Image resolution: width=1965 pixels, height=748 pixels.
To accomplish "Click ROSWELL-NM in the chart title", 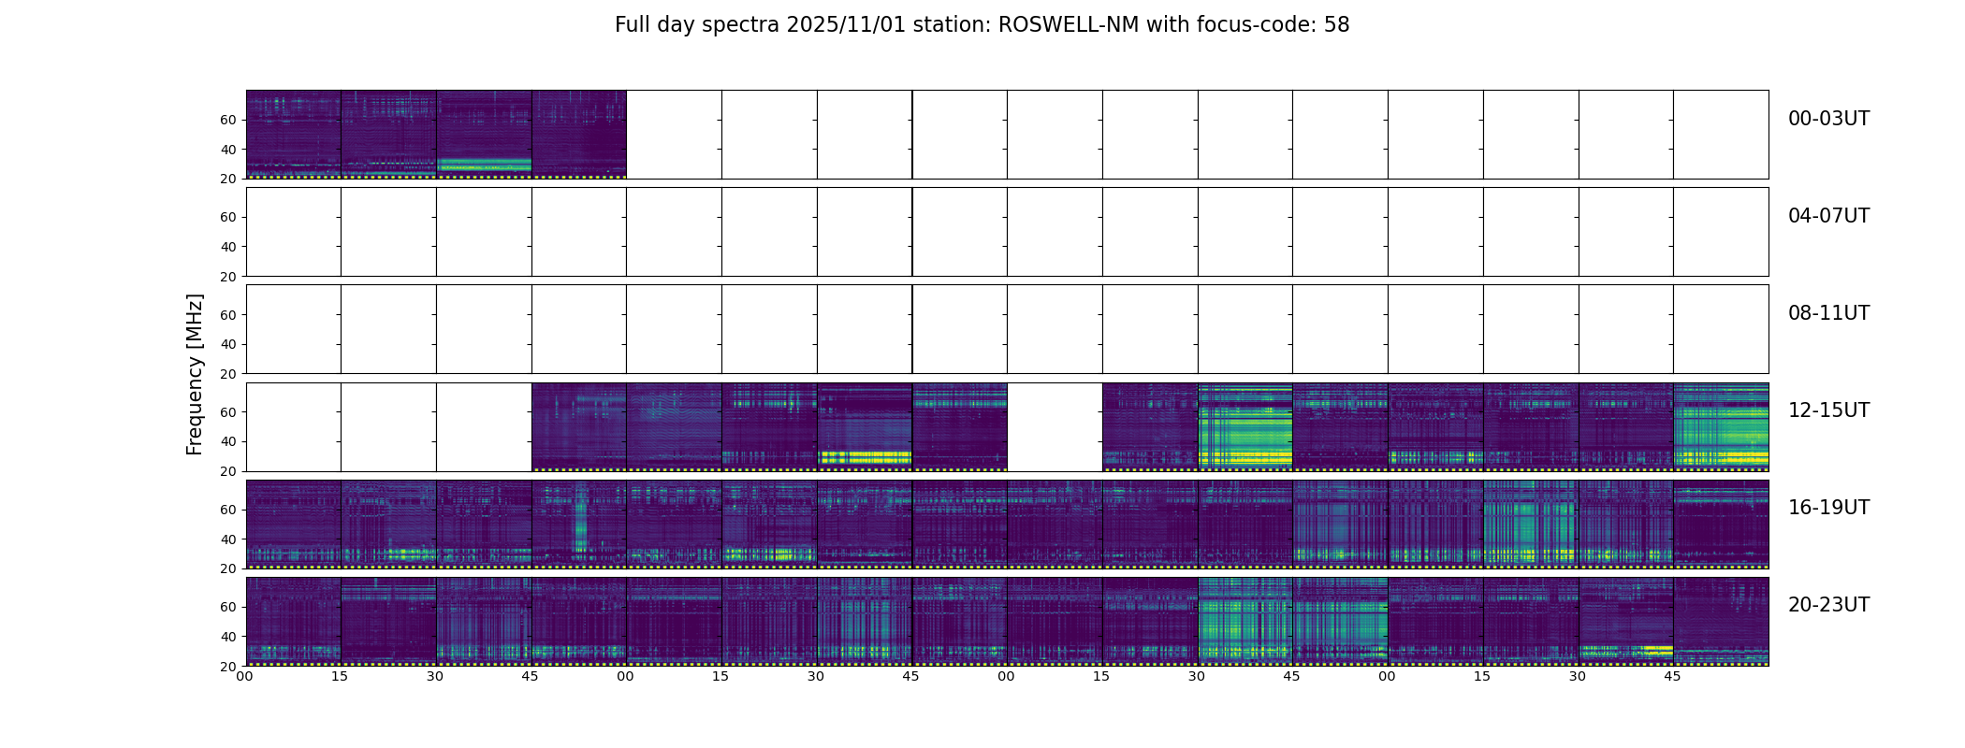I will tap(1069, 25).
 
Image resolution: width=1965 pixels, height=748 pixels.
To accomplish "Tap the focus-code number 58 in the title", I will tap(1336, 25).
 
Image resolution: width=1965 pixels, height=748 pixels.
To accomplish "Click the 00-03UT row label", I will tap(1828, 119).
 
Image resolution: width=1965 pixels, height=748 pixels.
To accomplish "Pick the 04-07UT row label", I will tap(1828, 216).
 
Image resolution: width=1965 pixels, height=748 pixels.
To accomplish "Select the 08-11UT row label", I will tap(1828, 313).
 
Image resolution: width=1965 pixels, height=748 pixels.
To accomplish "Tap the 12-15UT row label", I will tap(1828, 410).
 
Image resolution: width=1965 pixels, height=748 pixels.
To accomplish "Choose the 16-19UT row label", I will tap(1828, 508).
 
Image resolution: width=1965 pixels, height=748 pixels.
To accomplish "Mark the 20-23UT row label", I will tap(1828, 605).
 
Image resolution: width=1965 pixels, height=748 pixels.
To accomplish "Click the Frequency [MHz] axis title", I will tap(195, 374).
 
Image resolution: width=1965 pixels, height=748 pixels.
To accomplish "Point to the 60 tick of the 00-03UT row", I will tap(228, 120).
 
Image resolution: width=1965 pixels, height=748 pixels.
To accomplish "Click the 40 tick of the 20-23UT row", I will tap(228, 637).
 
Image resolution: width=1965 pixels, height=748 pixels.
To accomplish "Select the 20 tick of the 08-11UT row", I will tap(228, 374).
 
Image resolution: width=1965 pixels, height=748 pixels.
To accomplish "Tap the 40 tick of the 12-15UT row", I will tap(228, 441).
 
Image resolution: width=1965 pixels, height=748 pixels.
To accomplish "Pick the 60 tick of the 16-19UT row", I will tap(228, 510).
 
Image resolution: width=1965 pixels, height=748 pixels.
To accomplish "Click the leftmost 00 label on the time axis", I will tap(245, 676).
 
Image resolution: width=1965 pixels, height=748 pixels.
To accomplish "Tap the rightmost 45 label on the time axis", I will tap(1673, 676).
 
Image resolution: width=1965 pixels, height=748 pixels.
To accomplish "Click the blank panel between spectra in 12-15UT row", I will tap(1055, 426).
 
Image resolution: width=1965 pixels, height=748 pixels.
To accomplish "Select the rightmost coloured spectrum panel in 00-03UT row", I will tap(579, 134).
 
